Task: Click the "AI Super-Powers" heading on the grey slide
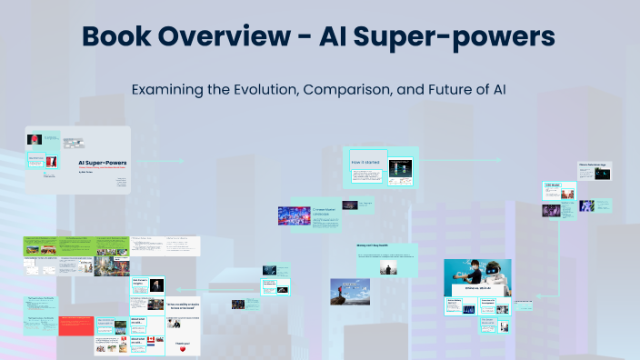point(101,162)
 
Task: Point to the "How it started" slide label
point(365,161)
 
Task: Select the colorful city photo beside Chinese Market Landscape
point(295,215)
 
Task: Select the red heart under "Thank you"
point(183,348)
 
